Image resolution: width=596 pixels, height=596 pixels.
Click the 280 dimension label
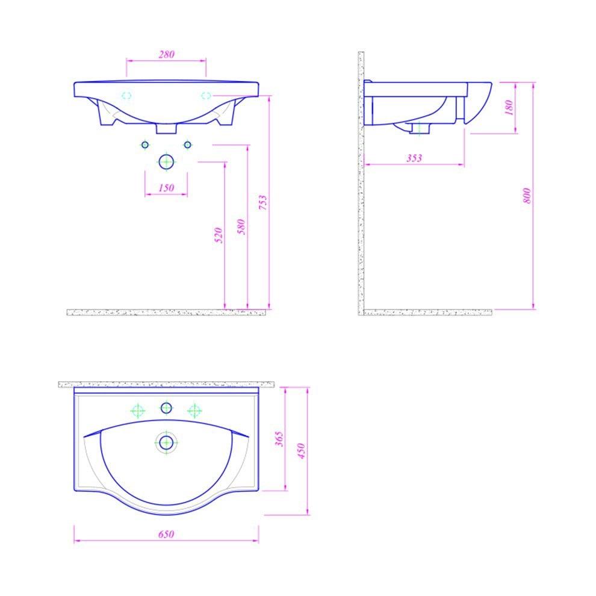click(166, 54)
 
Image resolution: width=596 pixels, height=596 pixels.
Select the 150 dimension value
click(166, 188)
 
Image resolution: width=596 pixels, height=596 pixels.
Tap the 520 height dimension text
click(219, 234)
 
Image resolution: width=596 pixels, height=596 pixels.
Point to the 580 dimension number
click(242, 226)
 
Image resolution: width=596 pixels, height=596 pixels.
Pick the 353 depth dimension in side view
click(414, 158)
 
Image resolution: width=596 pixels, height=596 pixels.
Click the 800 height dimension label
click(527, 196)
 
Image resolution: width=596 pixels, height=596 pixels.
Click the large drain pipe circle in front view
click(166, 161)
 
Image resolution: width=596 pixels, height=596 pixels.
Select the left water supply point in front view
click(144, 144)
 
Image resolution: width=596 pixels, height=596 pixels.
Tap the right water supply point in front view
click(187, 144)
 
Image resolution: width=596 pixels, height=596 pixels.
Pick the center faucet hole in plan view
click(166, 408)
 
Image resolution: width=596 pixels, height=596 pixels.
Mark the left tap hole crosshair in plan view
click(138, 411)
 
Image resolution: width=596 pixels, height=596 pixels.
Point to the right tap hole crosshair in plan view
click(194, 411)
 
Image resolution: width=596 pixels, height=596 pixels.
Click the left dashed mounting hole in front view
click(127, 95)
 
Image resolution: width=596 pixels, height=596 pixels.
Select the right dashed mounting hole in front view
click(206, 95)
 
